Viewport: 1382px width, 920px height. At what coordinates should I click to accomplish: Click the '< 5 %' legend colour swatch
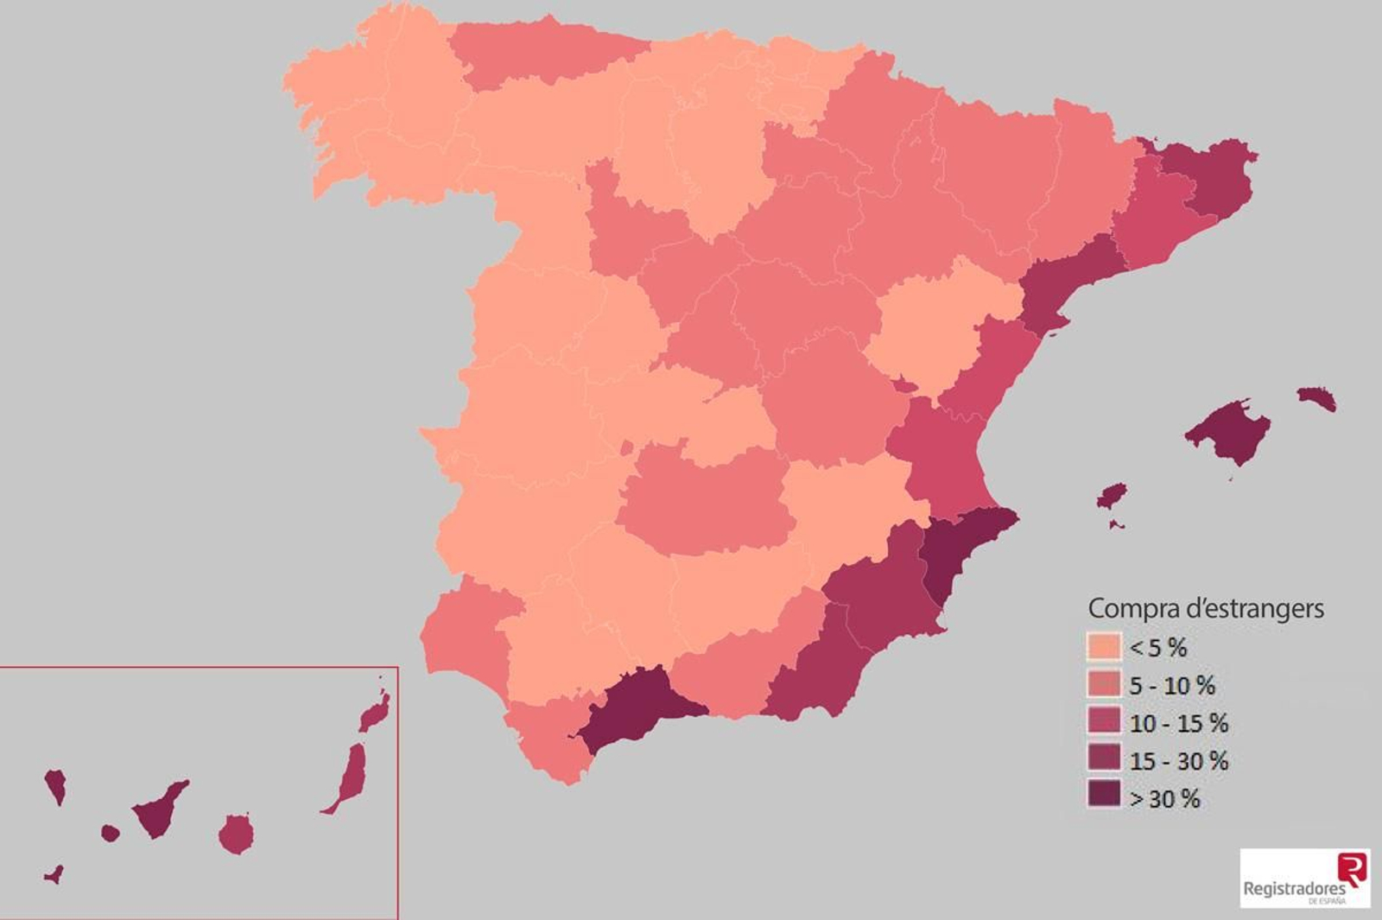tap(1103, 647)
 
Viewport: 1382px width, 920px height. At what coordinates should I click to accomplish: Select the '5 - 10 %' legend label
tap(1172, 686)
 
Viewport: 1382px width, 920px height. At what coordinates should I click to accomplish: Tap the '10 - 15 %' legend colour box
tap(1103, 722)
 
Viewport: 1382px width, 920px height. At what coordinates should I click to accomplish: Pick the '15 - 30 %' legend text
tap(1178, 761)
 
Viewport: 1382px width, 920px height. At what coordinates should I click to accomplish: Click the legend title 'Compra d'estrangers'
tap(1205, 608)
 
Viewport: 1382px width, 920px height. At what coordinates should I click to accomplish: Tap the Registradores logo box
tap(1304, 878)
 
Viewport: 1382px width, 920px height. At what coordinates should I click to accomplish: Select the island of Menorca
tap(1317, 398)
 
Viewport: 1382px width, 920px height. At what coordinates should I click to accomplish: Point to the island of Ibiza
tap(1113, 496)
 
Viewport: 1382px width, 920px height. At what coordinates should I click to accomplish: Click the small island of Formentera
tap(1116, 523)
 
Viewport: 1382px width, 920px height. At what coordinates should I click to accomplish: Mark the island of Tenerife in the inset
tap(158, 811)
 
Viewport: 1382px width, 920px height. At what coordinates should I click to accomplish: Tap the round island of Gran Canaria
tap(236, 834)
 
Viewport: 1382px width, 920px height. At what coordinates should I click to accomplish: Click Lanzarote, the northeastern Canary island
tap(375, 713)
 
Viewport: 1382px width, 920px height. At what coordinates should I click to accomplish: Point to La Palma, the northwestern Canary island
tap(56, 784)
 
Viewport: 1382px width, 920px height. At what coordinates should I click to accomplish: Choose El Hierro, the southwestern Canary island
tap(54, 875)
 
